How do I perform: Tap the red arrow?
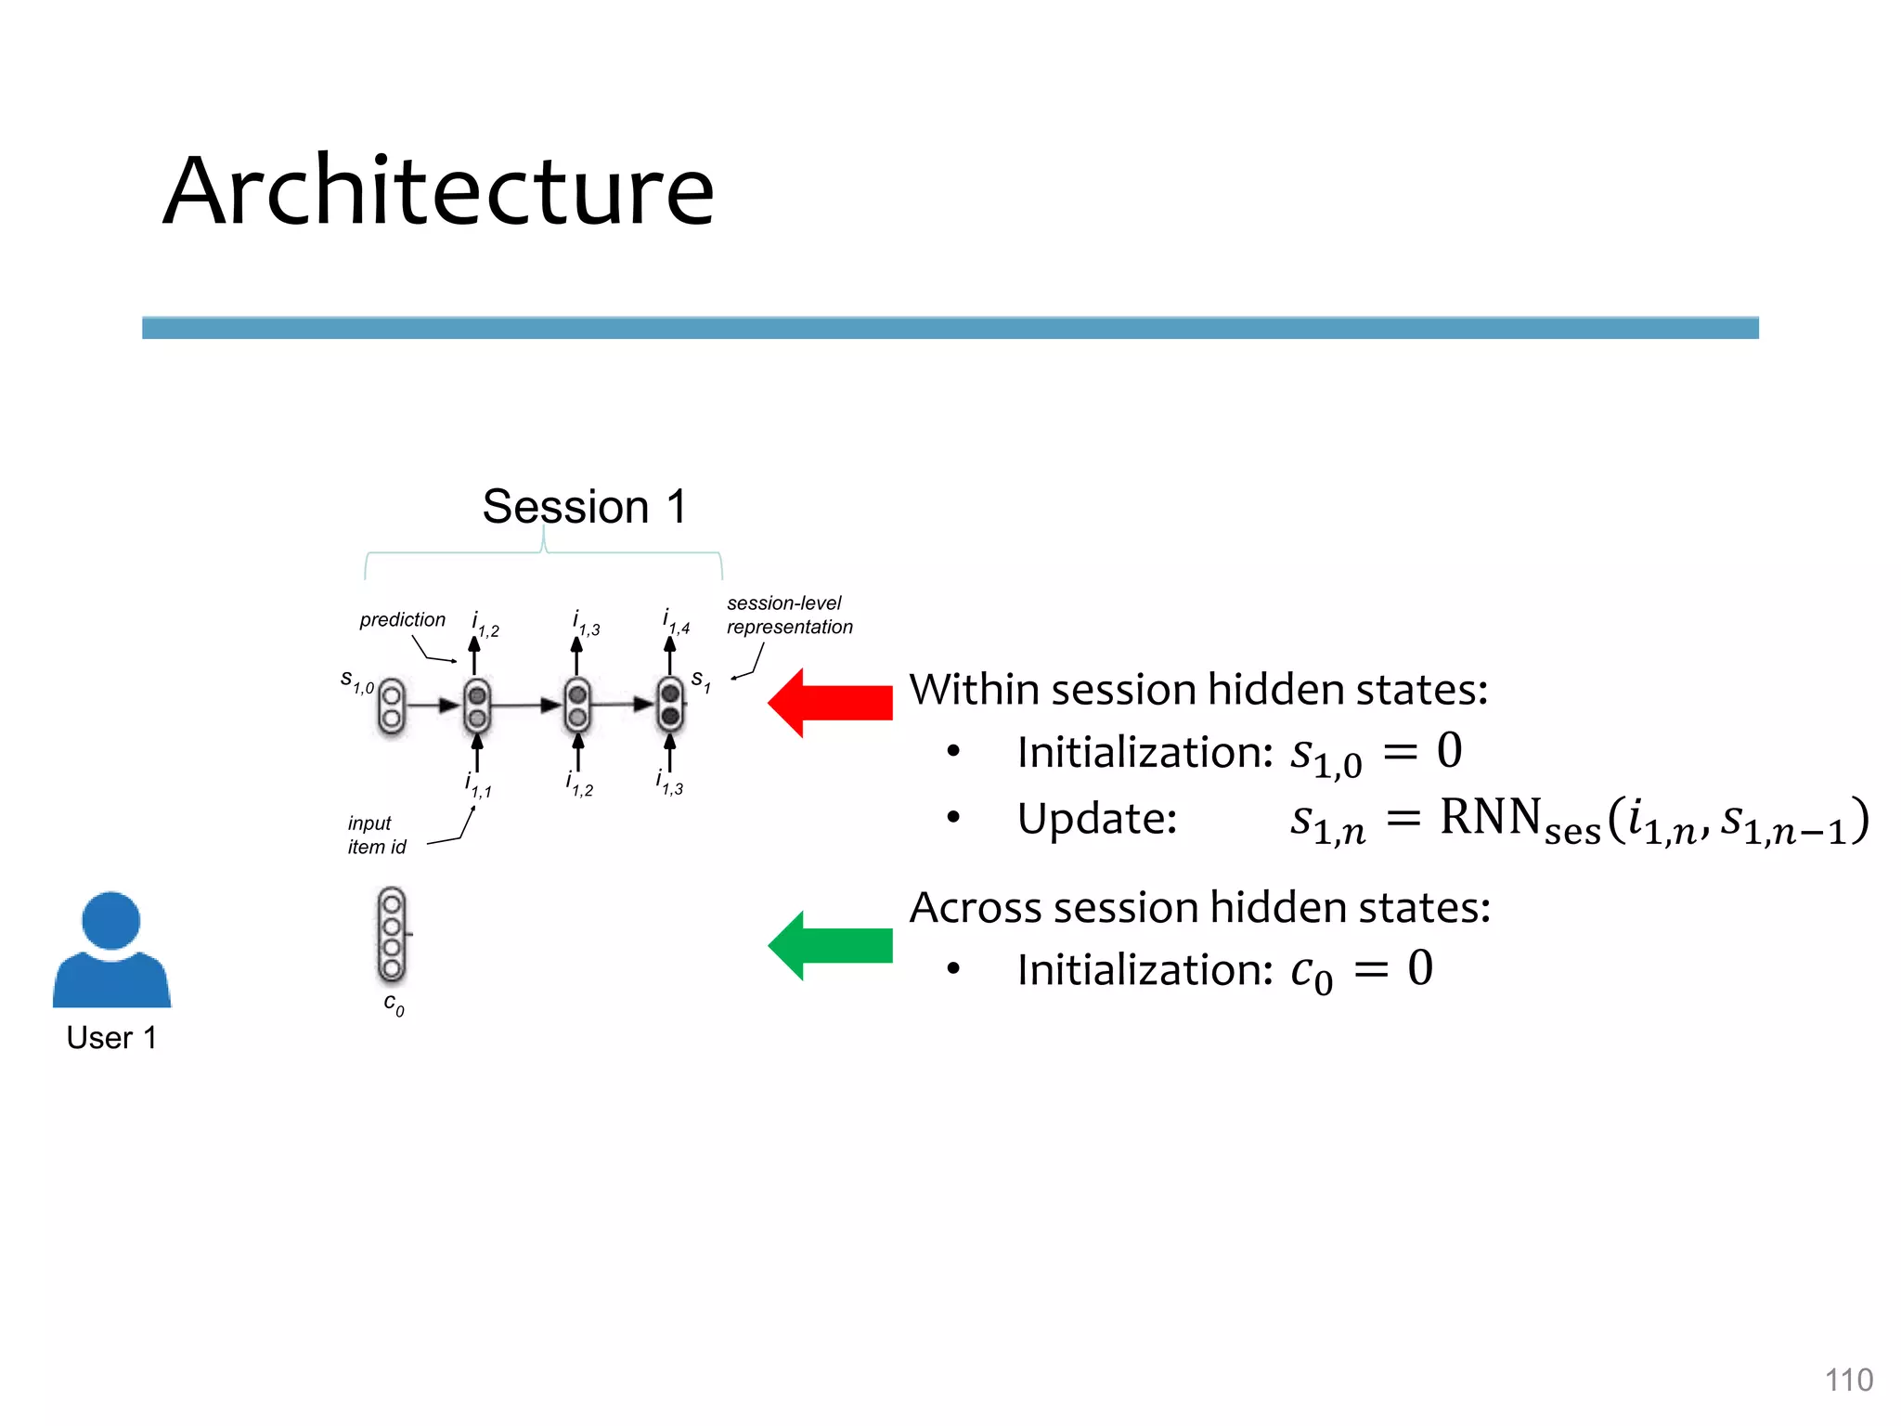[830, 703]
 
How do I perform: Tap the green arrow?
[830, 945]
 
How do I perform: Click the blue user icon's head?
[111, 920]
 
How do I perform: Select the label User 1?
[111, 1037]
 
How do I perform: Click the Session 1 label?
[584, 507]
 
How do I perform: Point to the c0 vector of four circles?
[392, 936]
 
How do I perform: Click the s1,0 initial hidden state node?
[392, 707]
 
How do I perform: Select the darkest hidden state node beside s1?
[670, 706]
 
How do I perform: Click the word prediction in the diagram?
[402, 619]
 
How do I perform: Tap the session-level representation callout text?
[788, 615]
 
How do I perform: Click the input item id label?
[376, 835]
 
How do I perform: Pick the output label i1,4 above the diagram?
[676, 621]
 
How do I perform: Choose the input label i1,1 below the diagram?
[478, 785]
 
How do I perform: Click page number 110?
[1848, 1380]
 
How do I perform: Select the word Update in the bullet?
[1096, 819]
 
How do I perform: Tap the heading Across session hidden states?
[1199, 907]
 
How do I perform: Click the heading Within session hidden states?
[1197, 690]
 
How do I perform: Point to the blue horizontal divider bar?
[950, 328]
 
